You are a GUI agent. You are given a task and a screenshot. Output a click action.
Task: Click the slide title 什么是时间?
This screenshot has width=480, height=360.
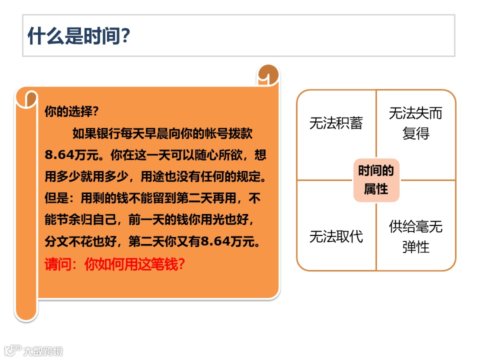tap(79, 36)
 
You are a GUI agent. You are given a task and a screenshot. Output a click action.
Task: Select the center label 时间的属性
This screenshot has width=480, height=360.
tap(376, 180)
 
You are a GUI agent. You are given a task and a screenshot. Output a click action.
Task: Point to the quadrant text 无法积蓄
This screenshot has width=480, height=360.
tap(336, 123)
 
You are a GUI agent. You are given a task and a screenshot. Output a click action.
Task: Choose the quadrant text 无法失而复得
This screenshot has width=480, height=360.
tap(415, 123)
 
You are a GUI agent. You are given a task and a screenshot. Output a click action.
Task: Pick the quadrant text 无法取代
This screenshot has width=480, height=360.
tap(336, 236)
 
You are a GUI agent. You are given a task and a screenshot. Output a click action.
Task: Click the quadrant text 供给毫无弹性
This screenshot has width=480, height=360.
tap(415, 236)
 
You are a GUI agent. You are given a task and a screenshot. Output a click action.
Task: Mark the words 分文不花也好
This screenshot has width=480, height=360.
tap(77, 242)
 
